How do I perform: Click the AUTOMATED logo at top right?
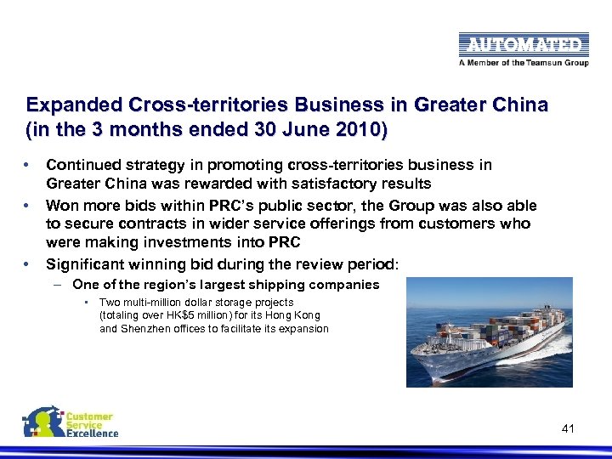click(x=523, y=44)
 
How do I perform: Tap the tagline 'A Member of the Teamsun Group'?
click(x=523, y=62)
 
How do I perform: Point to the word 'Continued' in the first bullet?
click(x=82, y=165)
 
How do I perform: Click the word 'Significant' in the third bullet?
click(x=87, y=263)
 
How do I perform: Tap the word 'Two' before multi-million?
click(x=110, y=302)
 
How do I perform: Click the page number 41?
click(x=568, y=428)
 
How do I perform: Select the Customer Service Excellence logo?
click(x=70, y=422)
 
